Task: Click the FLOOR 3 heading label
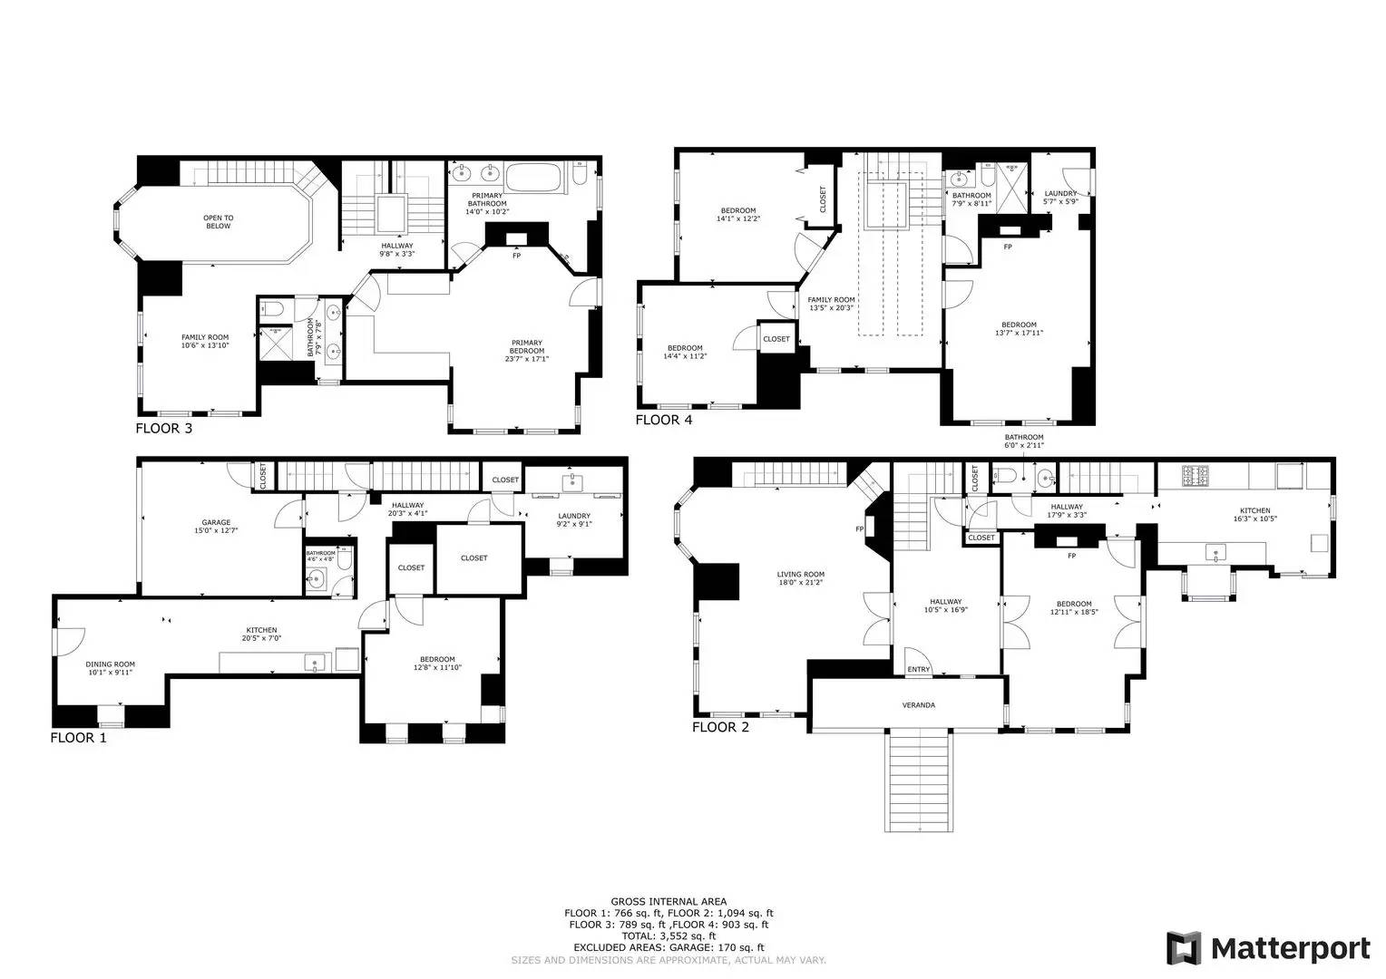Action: [x=163, y=428]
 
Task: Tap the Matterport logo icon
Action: [x=1184, y=948]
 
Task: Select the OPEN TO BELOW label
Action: [x=218, y=222]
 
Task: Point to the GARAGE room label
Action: [x=216, y=522]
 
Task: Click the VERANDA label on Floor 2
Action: [x=918, y=705]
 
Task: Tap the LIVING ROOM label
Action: [x=801, y=574]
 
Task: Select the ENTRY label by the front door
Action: [x=918, y=670]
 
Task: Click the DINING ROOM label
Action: [x=111, y=664]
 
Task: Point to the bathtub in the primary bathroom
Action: [x=534, y=176]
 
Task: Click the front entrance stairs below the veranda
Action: [x=920, y=780]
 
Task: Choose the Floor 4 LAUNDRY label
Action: [x=1060, y=193]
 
